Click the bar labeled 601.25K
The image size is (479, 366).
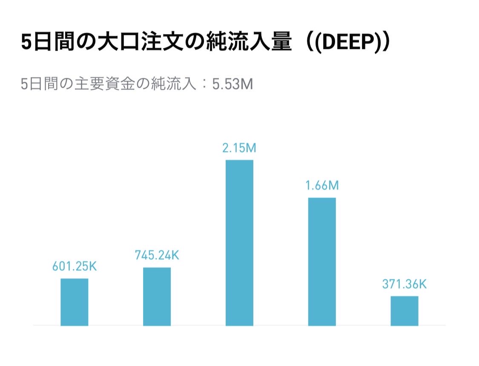[75, 302]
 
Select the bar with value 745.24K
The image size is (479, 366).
[157, 297]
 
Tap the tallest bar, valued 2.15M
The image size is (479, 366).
[239, 243]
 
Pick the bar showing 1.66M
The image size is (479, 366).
[322, 262]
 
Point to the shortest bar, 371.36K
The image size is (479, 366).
[404, 311]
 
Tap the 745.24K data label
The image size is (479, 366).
[157, 255]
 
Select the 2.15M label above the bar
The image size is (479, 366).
[239, 149]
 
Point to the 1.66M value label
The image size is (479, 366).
[322, 186]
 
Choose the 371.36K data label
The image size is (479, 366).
[404, 284]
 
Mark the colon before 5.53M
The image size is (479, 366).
[204, 84]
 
